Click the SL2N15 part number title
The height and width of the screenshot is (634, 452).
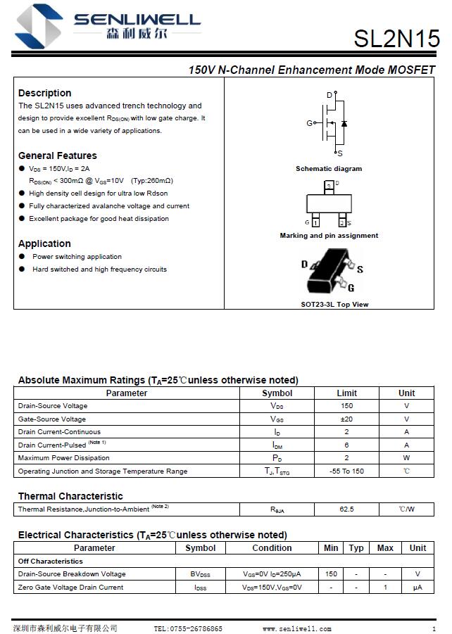coord(396,39)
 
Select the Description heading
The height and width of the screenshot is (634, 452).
coord(44,93)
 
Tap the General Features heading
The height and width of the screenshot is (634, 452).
coord(58,156)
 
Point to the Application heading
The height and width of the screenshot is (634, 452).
coord(44,243)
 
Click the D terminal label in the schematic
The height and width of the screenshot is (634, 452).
coord(329,95)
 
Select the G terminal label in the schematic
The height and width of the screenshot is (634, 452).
coord(309,123)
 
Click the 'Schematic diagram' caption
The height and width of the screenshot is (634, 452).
coord(329,169)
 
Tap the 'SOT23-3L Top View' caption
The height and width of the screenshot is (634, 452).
coord(334,305)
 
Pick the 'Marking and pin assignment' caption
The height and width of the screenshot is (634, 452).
coord(329,236)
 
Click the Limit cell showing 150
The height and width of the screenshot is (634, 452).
coord(346,406)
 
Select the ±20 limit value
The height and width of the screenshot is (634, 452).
coord(346,419)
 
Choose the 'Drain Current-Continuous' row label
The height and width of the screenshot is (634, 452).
coord(59,432)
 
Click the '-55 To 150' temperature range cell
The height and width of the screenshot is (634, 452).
coord(346,471)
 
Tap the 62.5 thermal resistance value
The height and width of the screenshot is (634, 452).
coord(346,509)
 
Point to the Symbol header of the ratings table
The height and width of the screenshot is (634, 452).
coord(277,393)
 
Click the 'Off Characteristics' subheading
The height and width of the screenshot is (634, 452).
coord(51,562)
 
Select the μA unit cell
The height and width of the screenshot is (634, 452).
coord(418,588)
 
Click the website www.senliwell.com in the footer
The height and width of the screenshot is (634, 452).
coord(296,629)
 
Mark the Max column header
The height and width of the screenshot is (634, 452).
coord(385,548)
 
